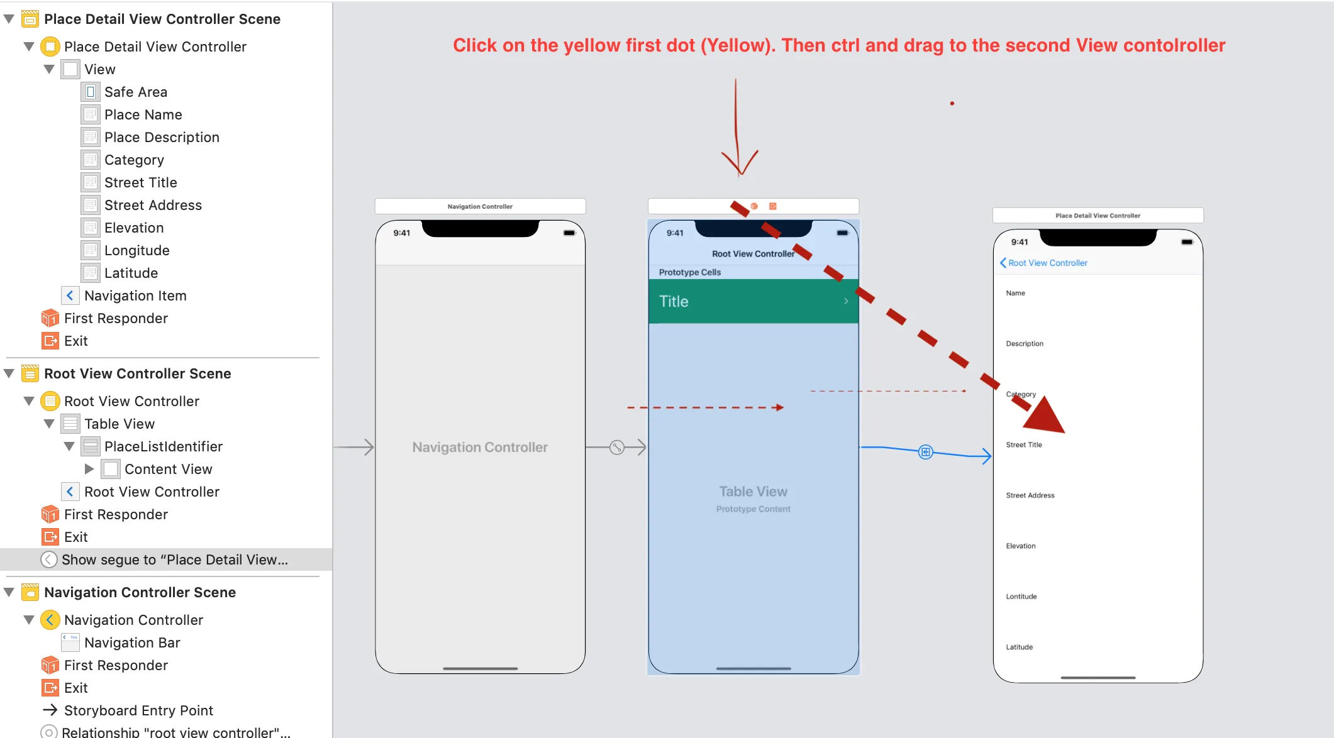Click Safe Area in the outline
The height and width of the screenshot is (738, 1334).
click(135, 92)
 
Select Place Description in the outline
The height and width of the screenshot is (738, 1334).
click(162, 137)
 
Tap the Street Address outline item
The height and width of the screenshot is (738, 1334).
click(153, 205)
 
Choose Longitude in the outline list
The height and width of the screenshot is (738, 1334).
click(136, 250)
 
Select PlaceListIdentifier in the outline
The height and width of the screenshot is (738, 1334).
click(163, 446)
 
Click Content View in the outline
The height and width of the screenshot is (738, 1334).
click(168, 469)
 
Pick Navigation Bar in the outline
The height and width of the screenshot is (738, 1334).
click(132, 642)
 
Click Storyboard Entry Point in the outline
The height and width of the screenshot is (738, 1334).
click(138, 710)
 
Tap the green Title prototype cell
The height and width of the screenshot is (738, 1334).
click(753, 301)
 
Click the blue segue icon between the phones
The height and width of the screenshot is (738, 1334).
click(926, 452)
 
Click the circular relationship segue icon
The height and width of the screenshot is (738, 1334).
click(617, 447)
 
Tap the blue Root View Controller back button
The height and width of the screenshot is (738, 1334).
click(1043, 263)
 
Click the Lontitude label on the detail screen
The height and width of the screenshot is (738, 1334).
click(1021, 597)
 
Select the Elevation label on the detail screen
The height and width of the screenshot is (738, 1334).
click(1021, 546)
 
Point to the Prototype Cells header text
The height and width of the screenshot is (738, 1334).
click(690, 272)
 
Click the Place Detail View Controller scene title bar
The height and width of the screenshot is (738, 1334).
click(1098, 216)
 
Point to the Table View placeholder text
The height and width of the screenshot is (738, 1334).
click(753, 492)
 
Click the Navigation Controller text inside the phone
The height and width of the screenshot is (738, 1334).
click(480, 447)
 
